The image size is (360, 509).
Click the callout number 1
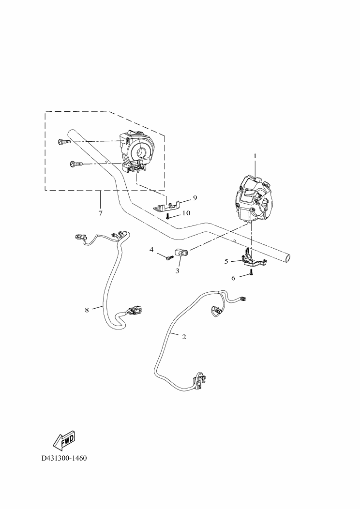255,156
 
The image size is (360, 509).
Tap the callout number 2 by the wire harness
184,337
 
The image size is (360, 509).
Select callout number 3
178,271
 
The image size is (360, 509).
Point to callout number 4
151,250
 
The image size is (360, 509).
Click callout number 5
226,261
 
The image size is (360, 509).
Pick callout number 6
233,278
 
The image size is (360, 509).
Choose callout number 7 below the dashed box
100,213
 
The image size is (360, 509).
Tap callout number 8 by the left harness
87,310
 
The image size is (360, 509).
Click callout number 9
195,198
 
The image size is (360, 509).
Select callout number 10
186,213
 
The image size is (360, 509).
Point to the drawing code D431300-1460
64,458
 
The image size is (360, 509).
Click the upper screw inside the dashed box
64,142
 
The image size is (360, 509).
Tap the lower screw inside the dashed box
77,164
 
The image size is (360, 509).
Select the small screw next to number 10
167,216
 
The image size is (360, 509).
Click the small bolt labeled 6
251,274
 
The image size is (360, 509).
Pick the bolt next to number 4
168,258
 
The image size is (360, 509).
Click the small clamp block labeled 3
181,253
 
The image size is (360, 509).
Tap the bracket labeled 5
252,260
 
